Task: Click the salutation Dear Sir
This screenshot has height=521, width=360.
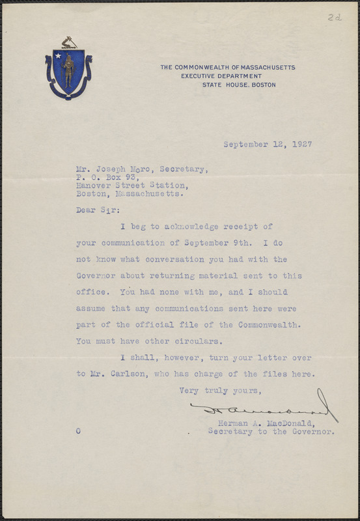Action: click(92, 210)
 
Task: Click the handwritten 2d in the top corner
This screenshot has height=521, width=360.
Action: click(335, 18)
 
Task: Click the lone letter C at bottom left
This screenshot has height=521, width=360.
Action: click(78, 431)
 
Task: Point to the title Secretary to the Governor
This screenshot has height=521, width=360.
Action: click(271, 431)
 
